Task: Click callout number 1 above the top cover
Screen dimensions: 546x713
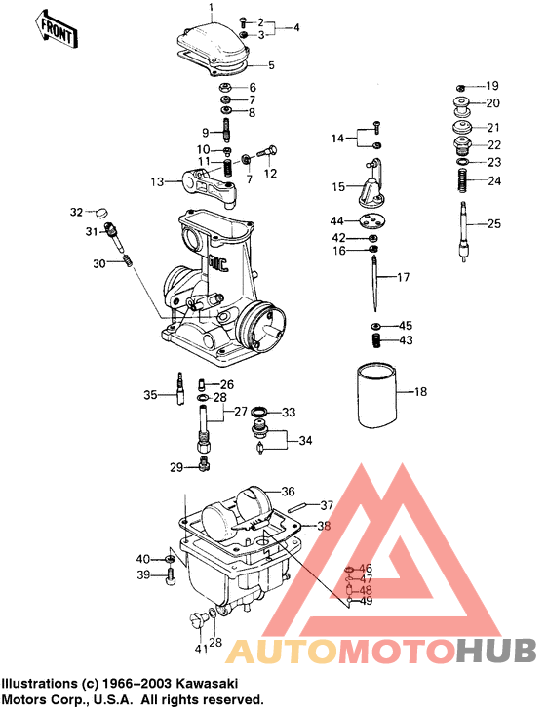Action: click(x=211, y=7)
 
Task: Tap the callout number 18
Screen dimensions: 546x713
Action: click(x=420, y=391)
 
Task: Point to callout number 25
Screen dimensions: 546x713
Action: click(x=493, y=223)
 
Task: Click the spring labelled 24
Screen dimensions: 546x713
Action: click(x=463, y=181)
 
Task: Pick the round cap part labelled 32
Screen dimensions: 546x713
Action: click(x=101, y=212)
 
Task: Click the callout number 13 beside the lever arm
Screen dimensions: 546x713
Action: click(x=157, y=181)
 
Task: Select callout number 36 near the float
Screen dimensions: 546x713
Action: click(x=288, y=491)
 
